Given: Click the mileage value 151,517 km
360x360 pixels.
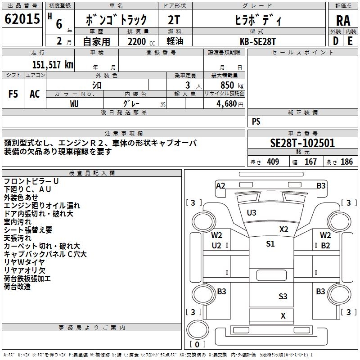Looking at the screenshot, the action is (x=53, y=64).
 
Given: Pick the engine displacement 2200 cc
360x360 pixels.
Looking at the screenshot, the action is (x=138, y=41).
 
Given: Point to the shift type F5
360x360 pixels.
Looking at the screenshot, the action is (x=13, y=94).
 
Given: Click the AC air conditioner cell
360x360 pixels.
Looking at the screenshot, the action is (x=35, y=94).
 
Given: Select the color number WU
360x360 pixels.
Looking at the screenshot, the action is (x=75, y=103).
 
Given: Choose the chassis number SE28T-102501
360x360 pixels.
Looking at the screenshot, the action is (x=302, y=143).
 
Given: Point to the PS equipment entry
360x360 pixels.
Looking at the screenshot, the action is (x=256, y=121).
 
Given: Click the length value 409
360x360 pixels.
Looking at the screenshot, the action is (x=273, y=162).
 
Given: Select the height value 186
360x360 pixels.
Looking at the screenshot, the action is (x=346, y=162).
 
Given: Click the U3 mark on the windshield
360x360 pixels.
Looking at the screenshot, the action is (x=252, y=212).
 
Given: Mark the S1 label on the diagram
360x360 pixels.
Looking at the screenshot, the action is (x=270, y=244).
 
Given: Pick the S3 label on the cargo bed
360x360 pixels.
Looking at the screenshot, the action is (x=283, y=296).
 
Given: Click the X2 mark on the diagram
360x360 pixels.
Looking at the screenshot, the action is (x=283, y=229).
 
